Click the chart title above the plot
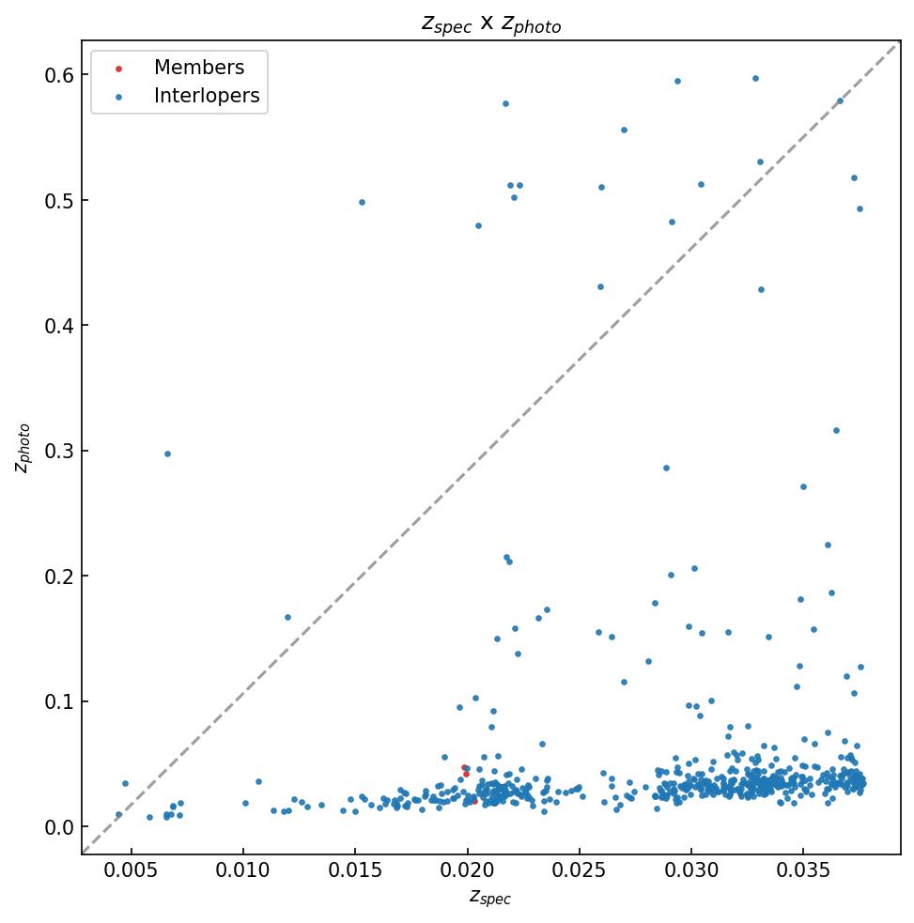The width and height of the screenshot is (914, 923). click(490, 24)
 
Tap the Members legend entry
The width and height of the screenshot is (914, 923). click(198, 68)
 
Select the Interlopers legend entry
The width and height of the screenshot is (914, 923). click(206, 96)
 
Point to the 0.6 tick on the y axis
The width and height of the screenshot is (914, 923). click(59, 75)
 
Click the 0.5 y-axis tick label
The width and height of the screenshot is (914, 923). click(59, 201)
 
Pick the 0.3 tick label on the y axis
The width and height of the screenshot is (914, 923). click(59, 452)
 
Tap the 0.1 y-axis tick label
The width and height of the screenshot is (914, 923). click(59, 702)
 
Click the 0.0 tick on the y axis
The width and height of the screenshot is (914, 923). click(59, 827)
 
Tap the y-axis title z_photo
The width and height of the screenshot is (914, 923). click(24, 448)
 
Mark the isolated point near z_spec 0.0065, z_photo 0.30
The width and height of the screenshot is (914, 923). click(167, 454)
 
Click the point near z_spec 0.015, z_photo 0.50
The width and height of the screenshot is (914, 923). click(362, 202)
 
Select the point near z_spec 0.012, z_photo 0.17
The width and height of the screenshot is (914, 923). click(287, 617)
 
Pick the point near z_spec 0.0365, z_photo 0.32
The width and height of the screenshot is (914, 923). click(836, 430)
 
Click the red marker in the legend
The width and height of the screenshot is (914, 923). click(118, 69)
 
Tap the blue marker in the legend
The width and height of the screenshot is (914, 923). click(118, 97)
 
